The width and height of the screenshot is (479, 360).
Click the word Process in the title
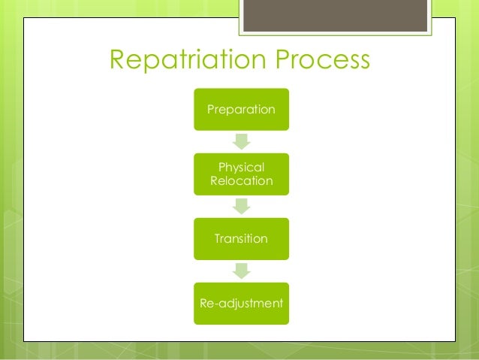tap(325, 61)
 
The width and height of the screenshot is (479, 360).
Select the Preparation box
tap(241, 110)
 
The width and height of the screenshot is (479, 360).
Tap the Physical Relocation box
tap(241, 174)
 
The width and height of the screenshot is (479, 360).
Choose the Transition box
tap(241, 239)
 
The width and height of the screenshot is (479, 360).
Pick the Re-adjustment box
tap(241, 304)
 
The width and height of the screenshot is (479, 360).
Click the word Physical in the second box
tap(241, 167)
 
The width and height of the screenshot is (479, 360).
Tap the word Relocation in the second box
tap(241, 182)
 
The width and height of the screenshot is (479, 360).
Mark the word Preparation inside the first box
tap(241, 110)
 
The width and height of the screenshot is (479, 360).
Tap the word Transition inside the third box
tap(241, 239)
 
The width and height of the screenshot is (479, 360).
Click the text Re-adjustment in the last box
tap(241, 304)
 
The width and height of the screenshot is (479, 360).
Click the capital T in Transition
tap(218, 239)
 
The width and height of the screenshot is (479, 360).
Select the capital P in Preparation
tap(210, 110)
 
